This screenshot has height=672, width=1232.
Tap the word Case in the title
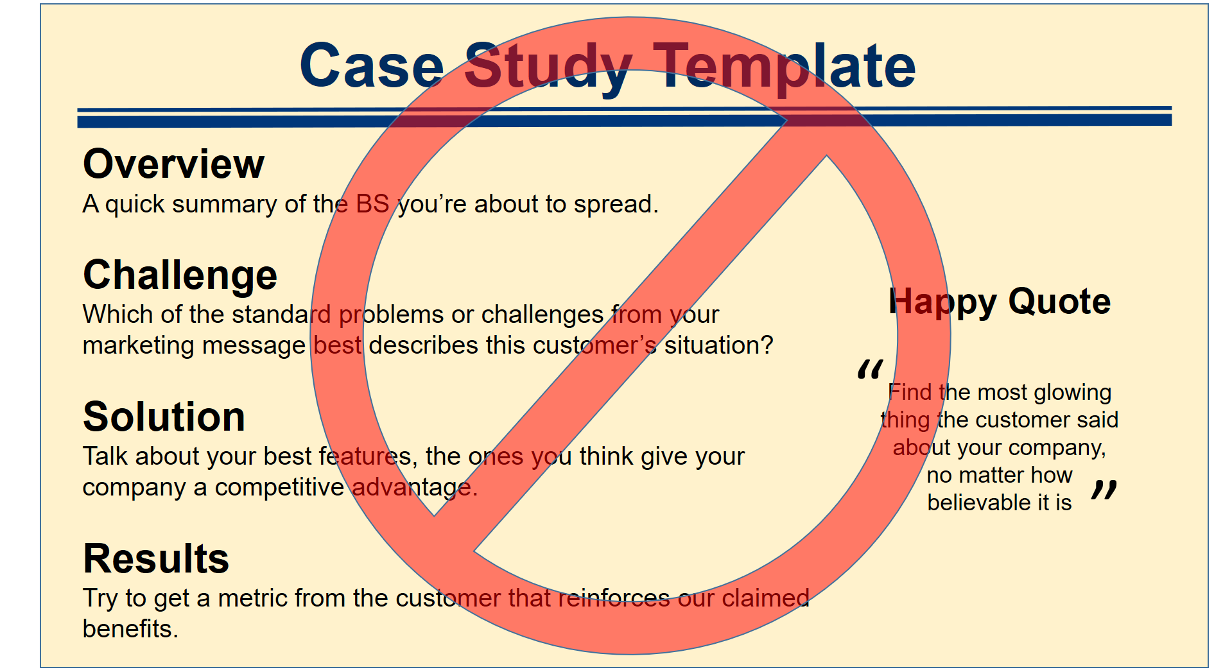(x=372, y=65)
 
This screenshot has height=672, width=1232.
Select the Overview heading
(x=173, y=164)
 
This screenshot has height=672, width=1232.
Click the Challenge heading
(x=180, y=275)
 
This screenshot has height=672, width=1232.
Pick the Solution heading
(x=164, y=417)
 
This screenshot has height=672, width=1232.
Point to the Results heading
(x=156, y=558)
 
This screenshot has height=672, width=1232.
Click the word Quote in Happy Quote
(x=1059, y=301)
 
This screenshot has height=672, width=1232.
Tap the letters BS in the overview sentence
(x=372, y=204)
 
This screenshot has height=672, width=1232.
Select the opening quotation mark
(x=870, y=370)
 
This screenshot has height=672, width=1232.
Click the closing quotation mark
(x=1104, y=490)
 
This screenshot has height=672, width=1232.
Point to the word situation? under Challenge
(x=718, y=345)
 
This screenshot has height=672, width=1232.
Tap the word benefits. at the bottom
(x=130, y=629)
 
